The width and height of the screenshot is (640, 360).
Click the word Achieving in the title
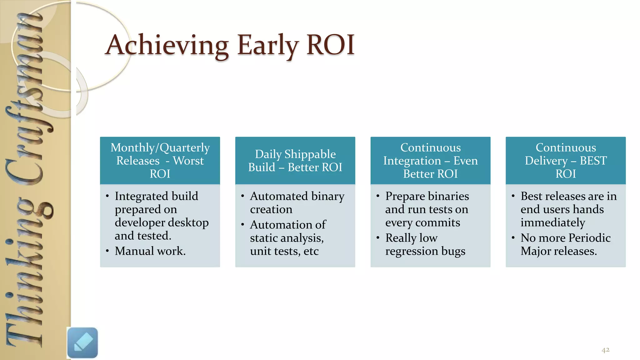(x=167, y=45)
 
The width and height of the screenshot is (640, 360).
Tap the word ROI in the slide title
(x=330, y=45)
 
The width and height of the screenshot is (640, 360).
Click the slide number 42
(x=605, y=350)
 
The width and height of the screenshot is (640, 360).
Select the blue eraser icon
(x=82, y=343)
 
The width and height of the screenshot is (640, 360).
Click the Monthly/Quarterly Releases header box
(x=160, y=160)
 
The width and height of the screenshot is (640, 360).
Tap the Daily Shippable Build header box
(x=295, y=160)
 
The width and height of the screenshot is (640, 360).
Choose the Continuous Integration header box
(x=430, y=160)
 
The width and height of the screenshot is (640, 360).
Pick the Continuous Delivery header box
(x=566, y=160)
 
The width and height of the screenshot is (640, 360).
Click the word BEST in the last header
(x=593, y=161)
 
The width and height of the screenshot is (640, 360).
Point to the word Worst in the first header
(x=188, y=161)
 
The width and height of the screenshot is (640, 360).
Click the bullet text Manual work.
(x=150, y=251)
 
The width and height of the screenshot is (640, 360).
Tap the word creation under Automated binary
(x=271, y=209)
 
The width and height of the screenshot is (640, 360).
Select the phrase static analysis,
(x=287, y=238)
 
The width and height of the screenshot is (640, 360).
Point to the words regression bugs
(x=425, y=251)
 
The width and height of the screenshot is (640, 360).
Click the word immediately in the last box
(x=552, y=222)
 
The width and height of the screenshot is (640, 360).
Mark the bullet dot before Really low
(x=378, y=238)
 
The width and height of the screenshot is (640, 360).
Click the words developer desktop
(x=162, y=222)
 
